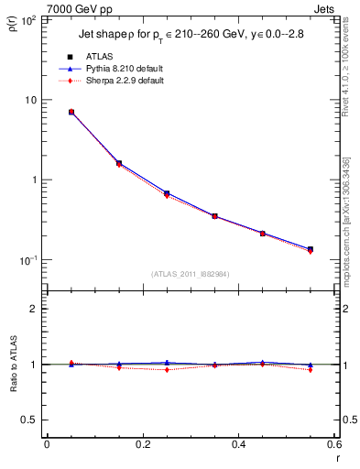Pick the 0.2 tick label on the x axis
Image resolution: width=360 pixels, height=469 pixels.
pos(142,444)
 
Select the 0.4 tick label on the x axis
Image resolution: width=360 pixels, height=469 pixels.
pos(238,444)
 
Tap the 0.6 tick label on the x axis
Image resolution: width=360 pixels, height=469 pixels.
pos(334,444)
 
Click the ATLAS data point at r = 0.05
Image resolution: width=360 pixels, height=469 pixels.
pos(71,112)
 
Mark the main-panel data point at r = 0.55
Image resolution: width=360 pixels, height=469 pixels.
pos(311,249)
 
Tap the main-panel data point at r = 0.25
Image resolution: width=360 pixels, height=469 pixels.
pos(167,194)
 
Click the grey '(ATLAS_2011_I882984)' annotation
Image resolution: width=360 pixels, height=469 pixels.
pos(190,273)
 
